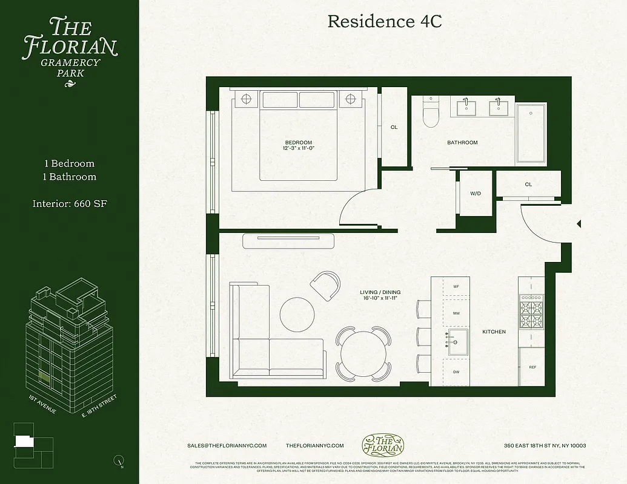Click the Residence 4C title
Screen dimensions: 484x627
385,21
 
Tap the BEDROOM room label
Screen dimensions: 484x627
298,143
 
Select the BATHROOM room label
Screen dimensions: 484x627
462,143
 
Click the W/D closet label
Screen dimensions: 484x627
476,194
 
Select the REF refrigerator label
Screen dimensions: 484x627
532,367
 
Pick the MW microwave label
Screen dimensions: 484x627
456,314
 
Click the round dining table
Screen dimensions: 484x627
363,354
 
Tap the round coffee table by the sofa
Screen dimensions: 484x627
297,313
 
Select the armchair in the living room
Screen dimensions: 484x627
325,285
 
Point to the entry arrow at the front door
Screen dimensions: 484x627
579,224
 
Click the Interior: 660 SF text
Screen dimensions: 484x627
70,204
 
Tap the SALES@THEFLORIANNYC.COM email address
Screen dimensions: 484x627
227,446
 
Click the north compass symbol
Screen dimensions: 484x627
119,460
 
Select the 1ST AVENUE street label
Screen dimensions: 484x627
42,404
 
